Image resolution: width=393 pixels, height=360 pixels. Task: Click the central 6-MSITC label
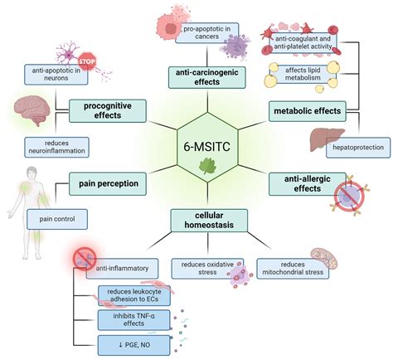(196, 145)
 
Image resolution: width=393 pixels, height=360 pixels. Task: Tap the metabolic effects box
(307, 109)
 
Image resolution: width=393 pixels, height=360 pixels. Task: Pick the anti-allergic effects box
(307, 181)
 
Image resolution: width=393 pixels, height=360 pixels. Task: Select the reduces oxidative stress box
(204, 268)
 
